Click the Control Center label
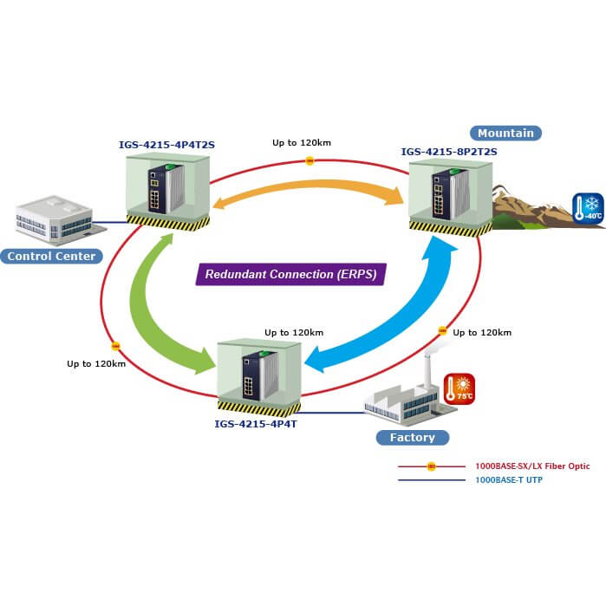click(49, 256)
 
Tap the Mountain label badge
click(506, 133)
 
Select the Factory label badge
click(412, 437)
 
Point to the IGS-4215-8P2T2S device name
click(448, 152)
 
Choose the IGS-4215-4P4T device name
click(256, 424)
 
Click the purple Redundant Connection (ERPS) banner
click(290, 274)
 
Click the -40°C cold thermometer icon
click(587, 209)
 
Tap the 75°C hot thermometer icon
click(459, 388)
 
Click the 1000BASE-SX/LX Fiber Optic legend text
click(532, 466)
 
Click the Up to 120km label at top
click(302, 142)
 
